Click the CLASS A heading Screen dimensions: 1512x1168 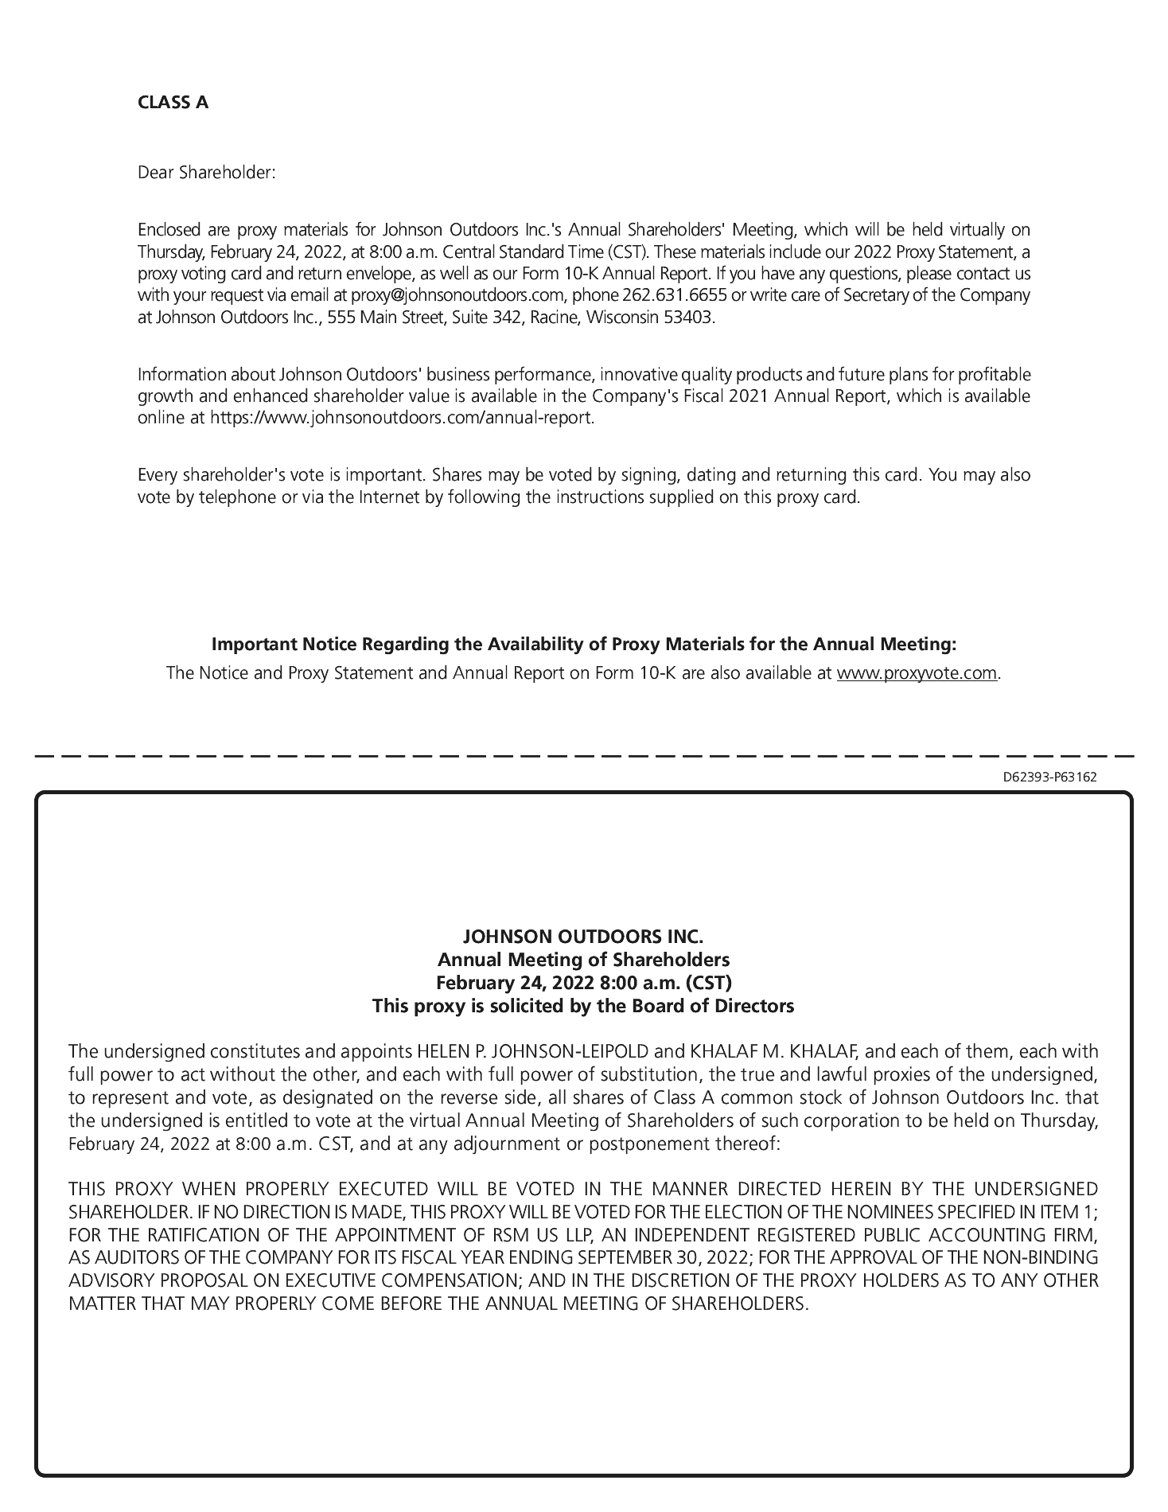173,103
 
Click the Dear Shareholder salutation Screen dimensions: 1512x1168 206,172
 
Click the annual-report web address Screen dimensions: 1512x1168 401,418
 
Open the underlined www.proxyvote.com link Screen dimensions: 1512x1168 917,673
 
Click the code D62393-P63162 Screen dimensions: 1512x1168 1049,777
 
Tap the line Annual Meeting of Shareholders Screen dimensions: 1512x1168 583,959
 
